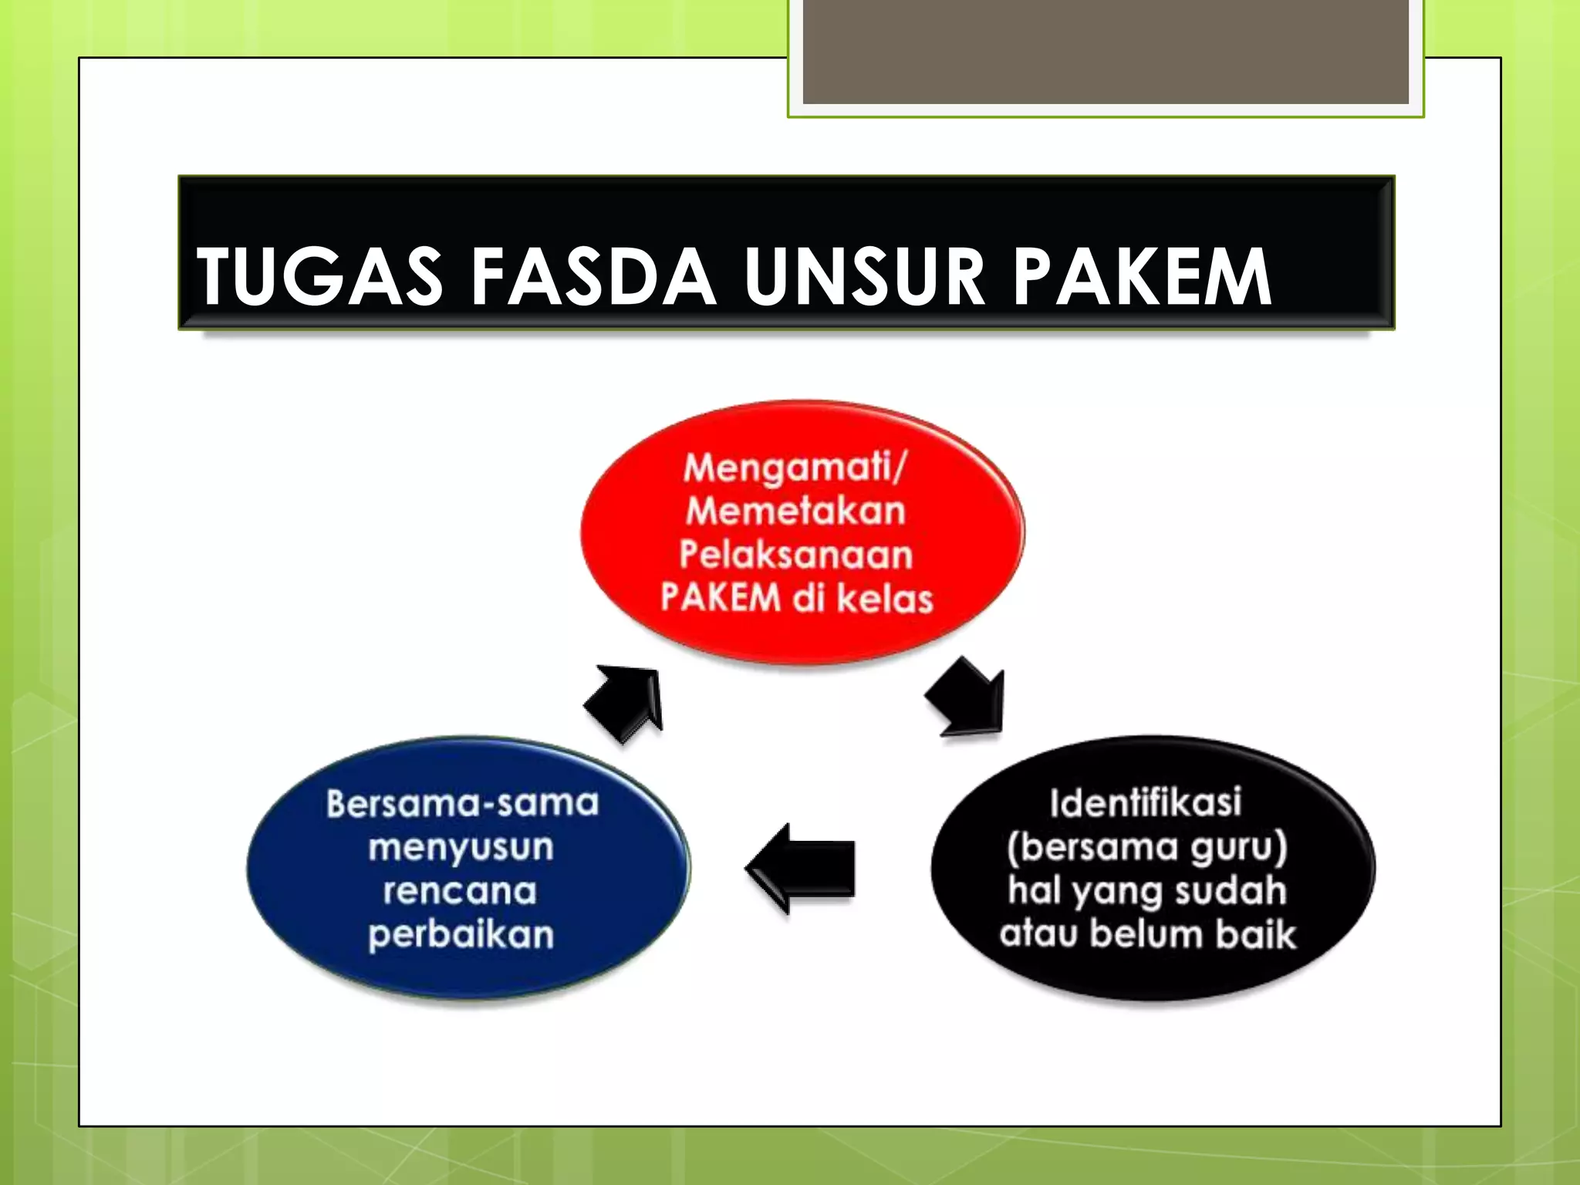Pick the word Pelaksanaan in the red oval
796,555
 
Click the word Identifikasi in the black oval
1146,802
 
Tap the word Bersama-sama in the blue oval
462,803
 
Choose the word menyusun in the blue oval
461,847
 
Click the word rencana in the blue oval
461,891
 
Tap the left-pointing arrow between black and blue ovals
802,868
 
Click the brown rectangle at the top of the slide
1105,51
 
